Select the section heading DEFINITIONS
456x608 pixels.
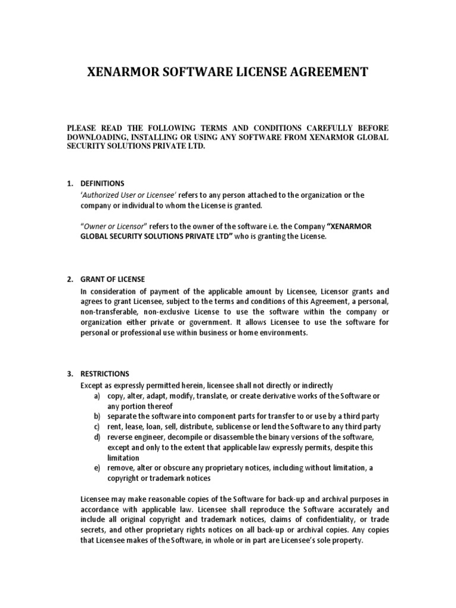pos(103,183)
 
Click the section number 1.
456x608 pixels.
pos(70,183)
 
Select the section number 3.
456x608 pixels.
pos(70,374)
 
